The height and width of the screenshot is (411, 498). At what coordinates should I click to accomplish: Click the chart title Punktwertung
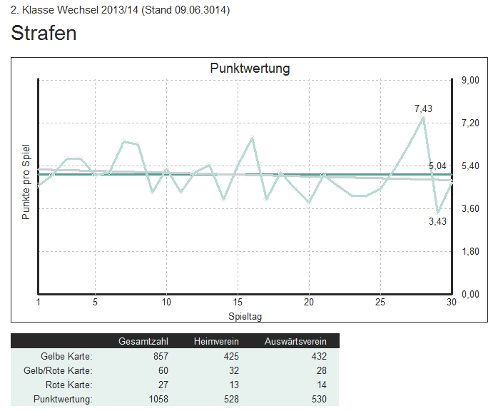pos(250,68)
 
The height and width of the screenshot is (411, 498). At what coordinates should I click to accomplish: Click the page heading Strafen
pos(44,34)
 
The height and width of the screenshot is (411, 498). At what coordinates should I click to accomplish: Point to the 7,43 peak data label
pos(423,109)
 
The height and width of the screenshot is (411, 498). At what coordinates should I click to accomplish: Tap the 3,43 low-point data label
pos(437,222)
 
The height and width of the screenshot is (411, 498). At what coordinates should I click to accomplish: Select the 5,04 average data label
pos(437,166)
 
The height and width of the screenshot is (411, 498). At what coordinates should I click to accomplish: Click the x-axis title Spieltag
pos(245,315)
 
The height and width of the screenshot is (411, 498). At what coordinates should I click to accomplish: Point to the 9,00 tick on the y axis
pos(469,80)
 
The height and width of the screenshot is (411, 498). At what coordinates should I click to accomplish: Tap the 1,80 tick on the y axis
pos(469,251)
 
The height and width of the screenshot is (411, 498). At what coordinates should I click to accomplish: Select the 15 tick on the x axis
pos(238,302)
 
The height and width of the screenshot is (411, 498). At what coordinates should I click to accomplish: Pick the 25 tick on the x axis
pos(380,302)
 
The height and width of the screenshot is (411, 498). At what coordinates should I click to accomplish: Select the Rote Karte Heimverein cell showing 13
pos(233,385)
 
